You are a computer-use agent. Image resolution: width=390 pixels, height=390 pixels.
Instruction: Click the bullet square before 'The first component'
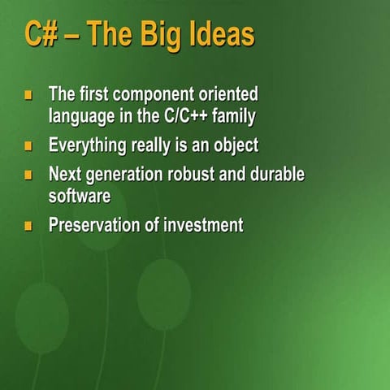coord(28,95)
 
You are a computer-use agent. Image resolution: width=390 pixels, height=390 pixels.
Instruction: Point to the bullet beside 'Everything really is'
coord(28,147)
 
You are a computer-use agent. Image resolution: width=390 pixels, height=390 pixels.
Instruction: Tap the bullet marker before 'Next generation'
coord(28,175)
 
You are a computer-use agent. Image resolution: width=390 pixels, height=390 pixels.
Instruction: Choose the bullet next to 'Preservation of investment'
coord(28,226)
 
